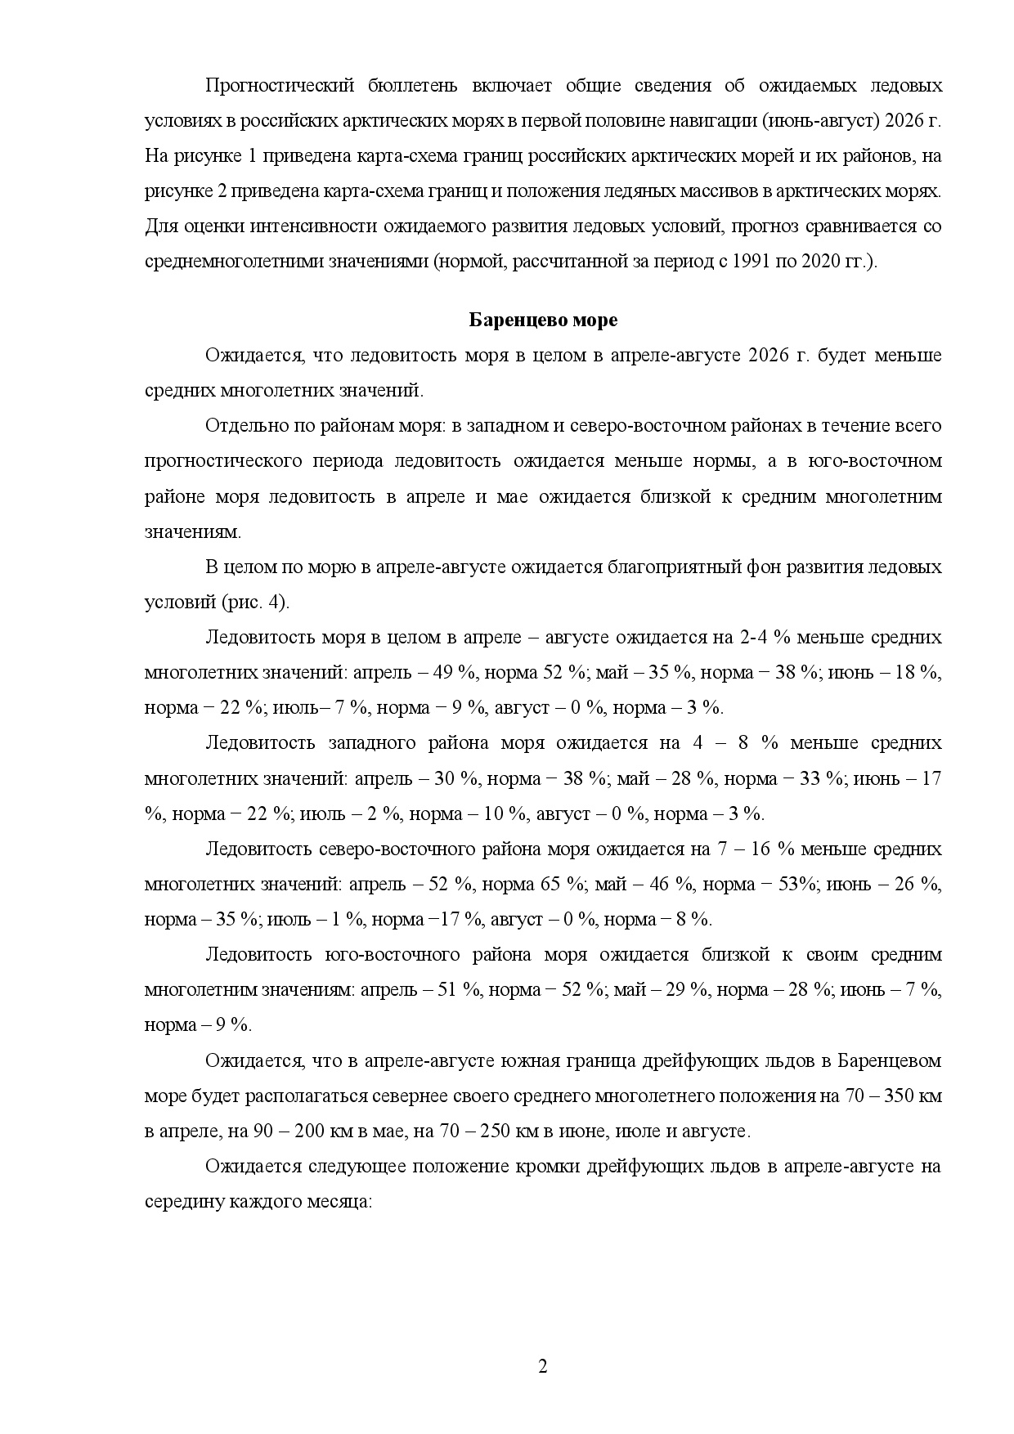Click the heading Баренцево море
543,320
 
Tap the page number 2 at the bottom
543,1368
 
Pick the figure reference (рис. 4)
255,602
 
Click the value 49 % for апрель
455,672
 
